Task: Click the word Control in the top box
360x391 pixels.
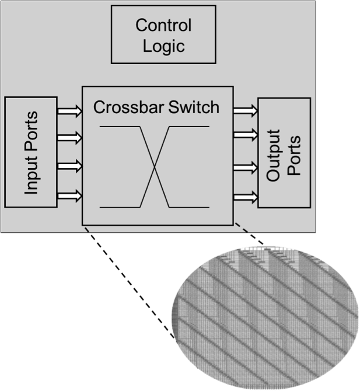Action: click(x=163, y=26)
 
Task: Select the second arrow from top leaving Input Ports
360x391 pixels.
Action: click(x=69, y=138)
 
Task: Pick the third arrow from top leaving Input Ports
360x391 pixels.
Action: click(x=69, y=166)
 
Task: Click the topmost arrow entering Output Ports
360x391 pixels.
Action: click(x=245, y=110)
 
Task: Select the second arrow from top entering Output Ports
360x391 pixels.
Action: click(x=245, y=135)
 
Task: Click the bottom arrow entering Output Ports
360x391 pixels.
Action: click(x=245, y=197)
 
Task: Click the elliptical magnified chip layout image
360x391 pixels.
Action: click(x=266, y=316)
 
